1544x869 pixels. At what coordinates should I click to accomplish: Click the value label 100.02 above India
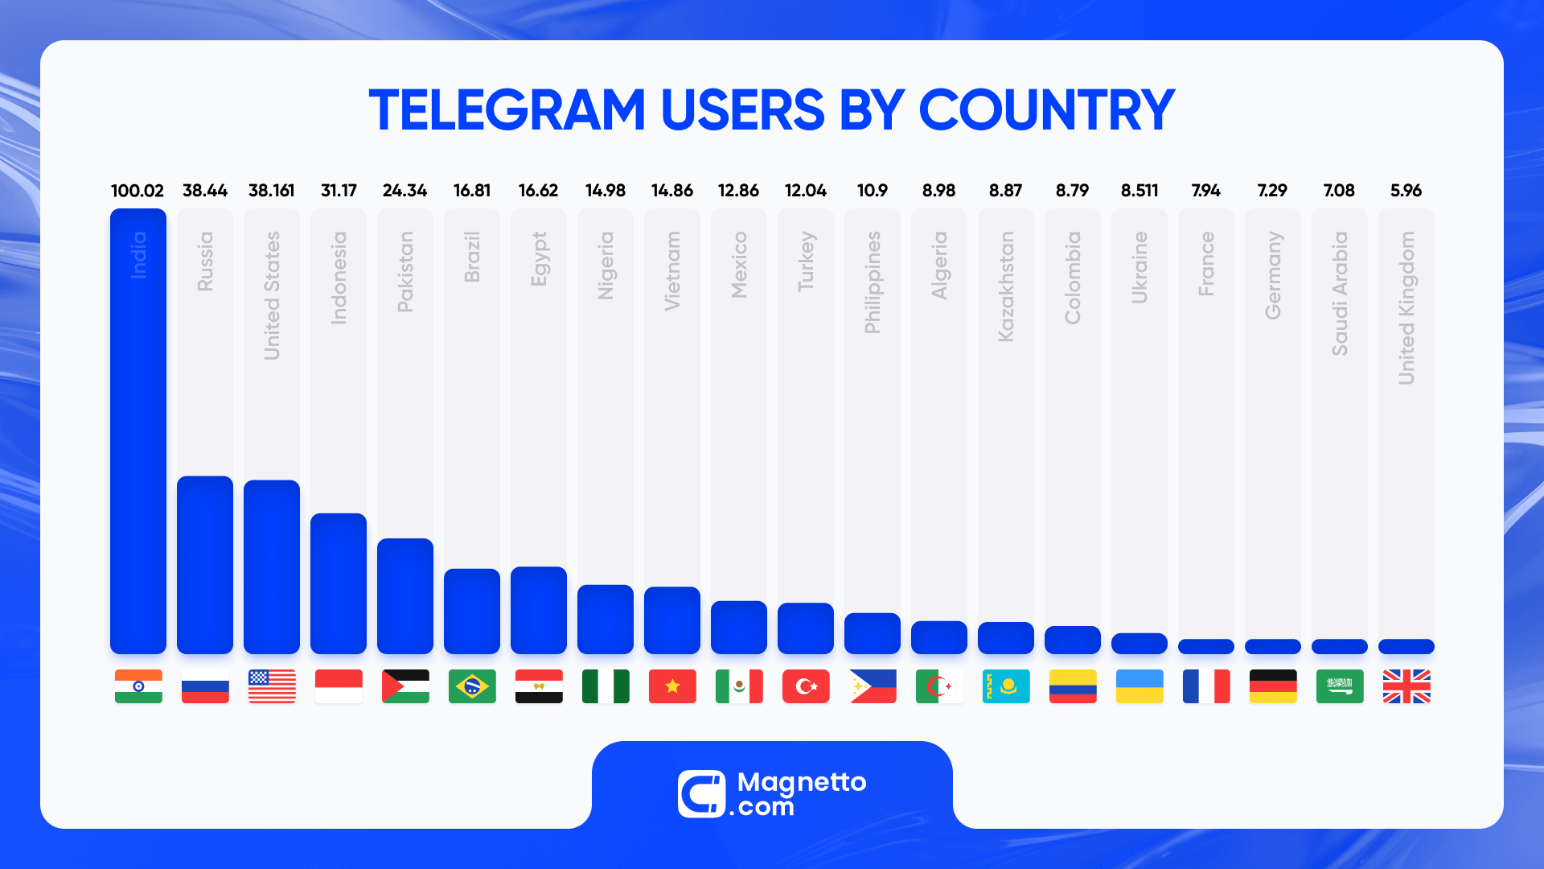coord(138,191)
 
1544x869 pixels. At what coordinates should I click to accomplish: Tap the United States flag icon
coord(272,686)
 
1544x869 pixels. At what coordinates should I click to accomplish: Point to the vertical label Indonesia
coord(339,278)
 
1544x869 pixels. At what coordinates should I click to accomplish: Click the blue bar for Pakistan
coord(405,596)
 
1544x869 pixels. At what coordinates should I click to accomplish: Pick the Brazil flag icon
coord(472,686)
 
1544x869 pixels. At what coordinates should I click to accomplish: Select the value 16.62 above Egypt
coord(538,191)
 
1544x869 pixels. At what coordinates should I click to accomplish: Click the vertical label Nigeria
coord(606,266)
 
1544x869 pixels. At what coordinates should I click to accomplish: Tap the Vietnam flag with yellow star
coord(672,686)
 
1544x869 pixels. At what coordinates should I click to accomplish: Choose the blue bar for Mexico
coord(739,628)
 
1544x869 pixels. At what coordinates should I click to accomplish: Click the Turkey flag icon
coord(806,686)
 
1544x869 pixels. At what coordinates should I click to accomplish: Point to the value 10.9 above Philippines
coord(873,191)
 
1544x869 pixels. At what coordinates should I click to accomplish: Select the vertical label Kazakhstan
coord(1006,286)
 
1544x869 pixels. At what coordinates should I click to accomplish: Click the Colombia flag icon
coord(1073,686)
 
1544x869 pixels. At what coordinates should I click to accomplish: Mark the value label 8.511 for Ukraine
coord(1140,191)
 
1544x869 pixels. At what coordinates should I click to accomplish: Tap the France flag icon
coord(1206,686)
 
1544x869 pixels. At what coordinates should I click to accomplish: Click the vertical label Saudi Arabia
coord(1340,294)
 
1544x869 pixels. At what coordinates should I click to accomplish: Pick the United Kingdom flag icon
coord(1406,686)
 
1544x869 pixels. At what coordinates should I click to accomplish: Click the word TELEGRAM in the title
coord(507,110)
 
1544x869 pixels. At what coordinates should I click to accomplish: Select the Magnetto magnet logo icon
coord(701,794)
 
